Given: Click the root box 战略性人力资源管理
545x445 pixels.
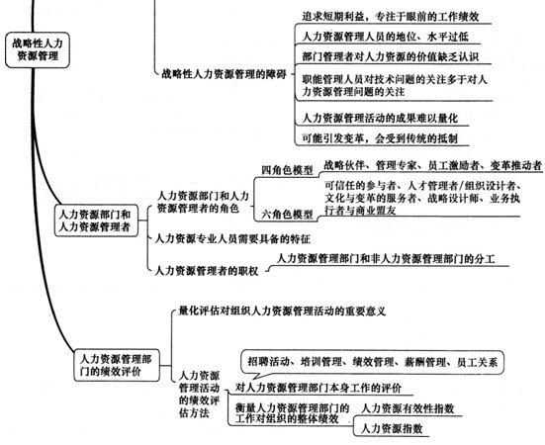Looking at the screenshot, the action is [x=38, y=50].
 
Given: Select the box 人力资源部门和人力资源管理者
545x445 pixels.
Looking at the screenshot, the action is [x=96, y=221].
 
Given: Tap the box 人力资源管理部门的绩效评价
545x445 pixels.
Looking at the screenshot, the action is [x=117, y=365].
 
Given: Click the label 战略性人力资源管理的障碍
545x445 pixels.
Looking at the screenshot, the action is [x=224, y=74].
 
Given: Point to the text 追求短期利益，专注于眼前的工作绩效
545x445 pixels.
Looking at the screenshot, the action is [x=391, y=17].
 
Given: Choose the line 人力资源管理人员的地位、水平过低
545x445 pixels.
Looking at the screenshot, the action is [x=385, y=37].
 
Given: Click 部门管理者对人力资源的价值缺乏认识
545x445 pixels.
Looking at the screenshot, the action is [x=391, y=56].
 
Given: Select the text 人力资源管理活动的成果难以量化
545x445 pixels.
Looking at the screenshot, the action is [x=380, y=118].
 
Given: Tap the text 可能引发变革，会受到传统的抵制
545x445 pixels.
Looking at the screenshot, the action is [x=380, y=138].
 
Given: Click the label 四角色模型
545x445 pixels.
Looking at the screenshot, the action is [x=287, y=170].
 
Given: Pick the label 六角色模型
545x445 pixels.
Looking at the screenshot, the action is [x=287, y=215].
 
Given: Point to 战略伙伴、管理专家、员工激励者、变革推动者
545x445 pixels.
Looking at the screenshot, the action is [x=432, y=165].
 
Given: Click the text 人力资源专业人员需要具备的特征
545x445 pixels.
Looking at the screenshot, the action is [x=232, y=238].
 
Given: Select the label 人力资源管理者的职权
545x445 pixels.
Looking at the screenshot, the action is [x=206, y=271].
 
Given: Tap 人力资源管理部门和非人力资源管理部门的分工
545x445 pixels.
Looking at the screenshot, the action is [x=386, y=259].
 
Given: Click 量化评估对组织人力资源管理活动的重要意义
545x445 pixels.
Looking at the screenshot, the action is [x=282, y=311].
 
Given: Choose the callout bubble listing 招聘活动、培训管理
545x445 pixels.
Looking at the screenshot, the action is [x=372, y=362].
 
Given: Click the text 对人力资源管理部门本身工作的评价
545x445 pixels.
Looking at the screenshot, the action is [x=318, y=388].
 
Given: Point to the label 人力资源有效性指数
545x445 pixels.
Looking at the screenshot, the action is [x=408, y=408].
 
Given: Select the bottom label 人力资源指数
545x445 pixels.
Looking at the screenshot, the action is [x=392, y=428].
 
